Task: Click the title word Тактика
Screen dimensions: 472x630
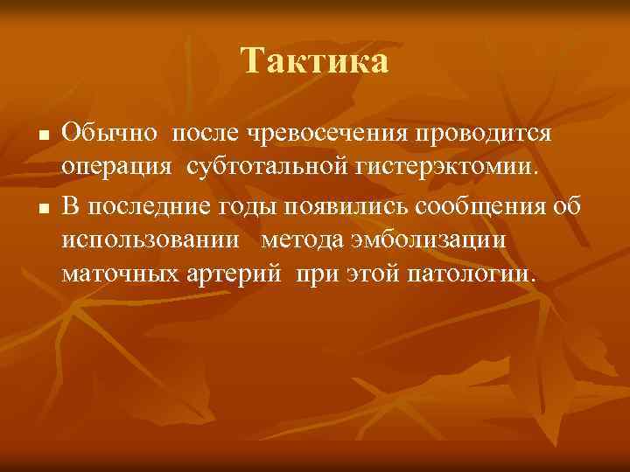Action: tap(314, 61)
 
